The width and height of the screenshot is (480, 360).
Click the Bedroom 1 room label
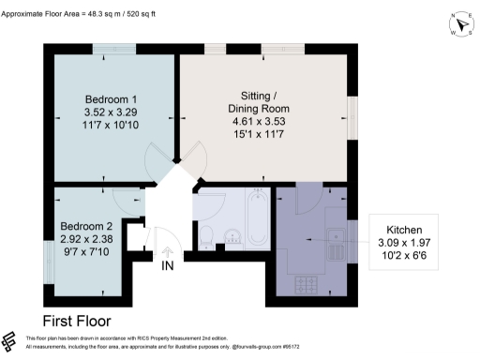(x=112, y=100)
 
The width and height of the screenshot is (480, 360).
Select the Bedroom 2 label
(x=86, y=227)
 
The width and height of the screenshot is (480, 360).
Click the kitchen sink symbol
(x=334, y=241)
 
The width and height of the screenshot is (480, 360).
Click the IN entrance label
(x=168, y=267)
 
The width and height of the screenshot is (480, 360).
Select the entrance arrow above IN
(x=168, y=250)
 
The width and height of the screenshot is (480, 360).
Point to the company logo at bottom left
(x=10, y=342)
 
